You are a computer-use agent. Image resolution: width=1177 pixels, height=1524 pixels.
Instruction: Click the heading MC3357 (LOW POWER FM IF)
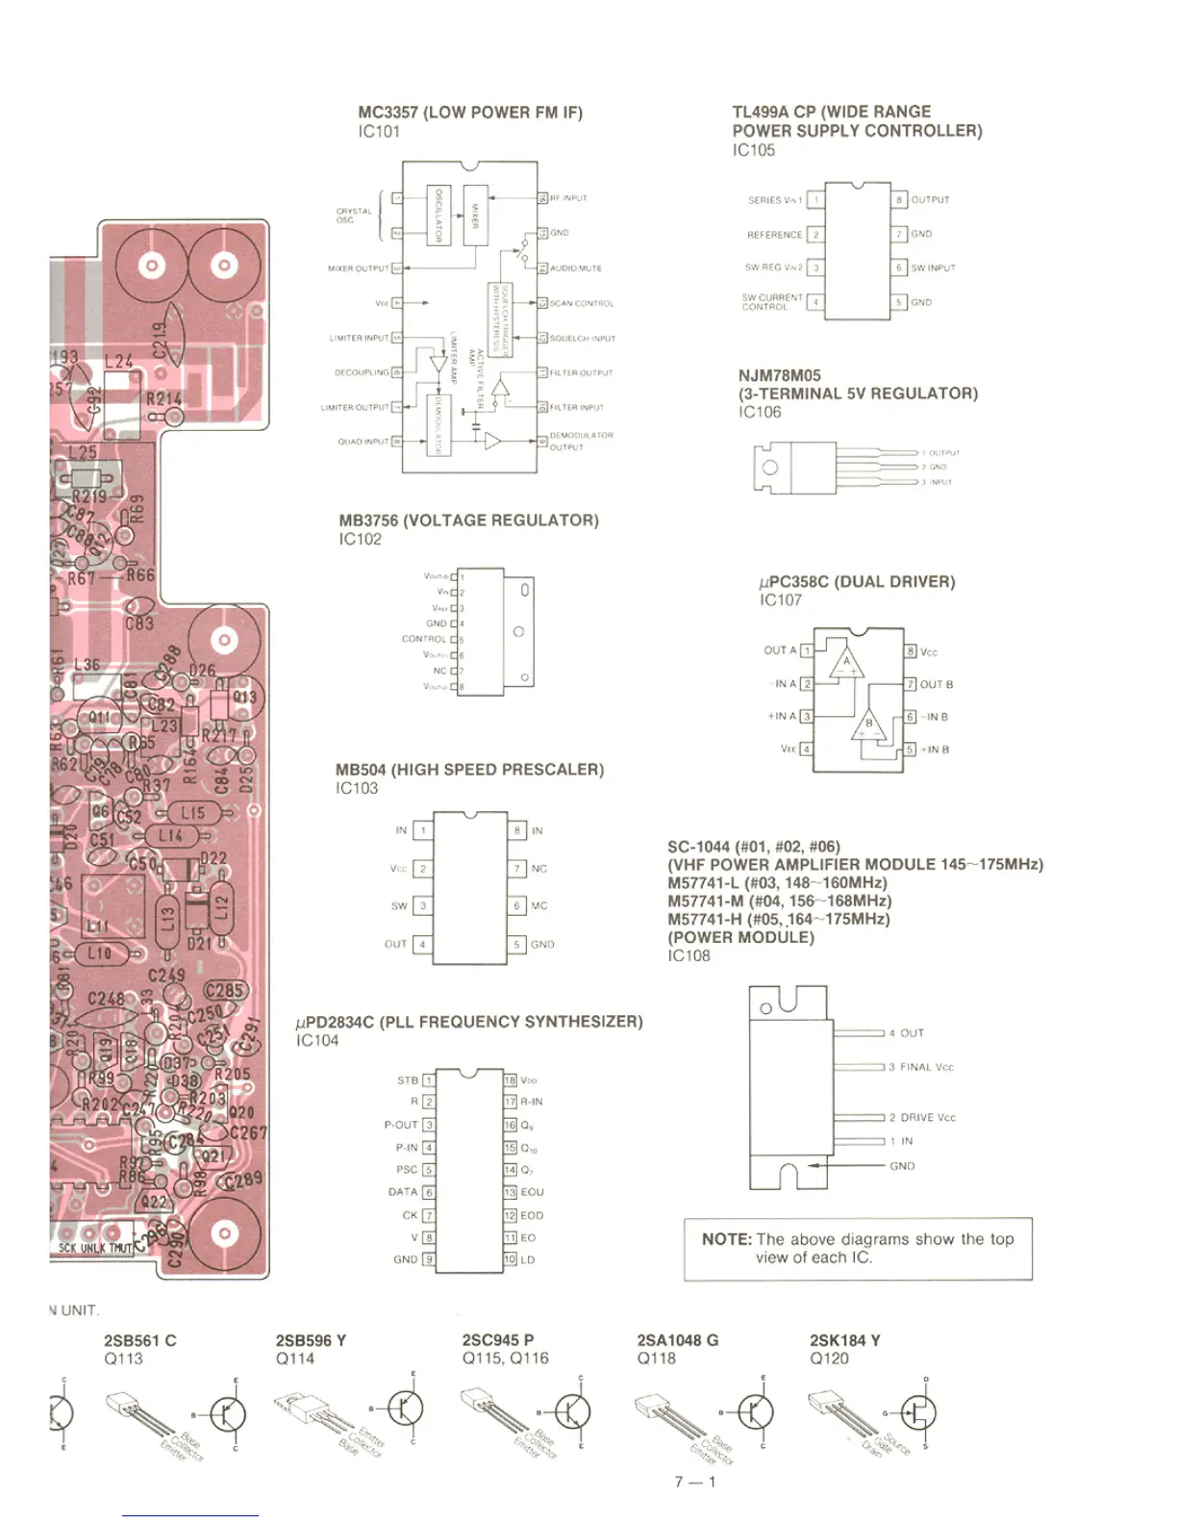click(470, 113)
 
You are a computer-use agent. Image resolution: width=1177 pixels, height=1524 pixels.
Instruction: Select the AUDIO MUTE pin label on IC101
click(575, 268)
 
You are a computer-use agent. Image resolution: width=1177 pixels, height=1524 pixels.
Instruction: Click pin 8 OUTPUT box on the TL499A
click(899, 200)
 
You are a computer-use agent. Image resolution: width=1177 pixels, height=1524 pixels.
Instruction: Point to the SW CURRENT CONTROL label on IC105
click(771, 302)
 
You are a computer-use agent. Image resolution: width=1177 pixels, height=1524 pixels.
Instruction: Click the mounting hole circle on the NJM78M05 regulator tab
click(769, 468)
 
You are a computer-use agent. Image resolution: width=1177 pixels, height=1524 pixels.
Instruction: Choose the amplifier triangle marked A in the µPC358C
click(847, 664)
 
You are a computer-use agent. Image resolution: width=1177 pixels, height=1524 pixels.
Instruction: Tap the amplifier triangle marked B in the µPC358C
click(868, 726)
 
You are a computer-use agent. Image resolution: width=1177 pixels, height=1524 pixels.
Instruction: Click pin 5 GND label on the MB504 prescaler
click(542, 945)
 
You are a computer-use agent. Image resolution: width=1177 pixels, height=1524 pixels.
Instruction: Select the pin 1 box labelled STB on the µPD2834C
click(429, 1080)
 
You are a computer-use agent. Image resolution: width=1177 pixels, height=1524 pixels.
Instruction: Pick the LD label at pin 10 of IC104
click(528, 1259)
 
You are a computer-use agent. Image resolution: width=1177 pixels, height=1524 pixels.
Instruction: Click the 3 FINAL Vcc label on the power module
click(921, 1067)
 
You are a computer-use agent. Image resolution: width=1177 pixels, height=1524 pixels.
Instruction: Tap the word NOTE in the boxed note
click(726, 1239)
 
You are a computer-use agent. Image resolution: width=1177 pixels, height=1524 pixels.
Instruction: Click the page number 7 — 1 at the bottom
click(695, 1482)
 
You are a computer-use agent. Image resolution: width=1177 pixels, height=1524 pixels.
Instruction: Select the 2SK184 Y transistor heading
click(844, 1340)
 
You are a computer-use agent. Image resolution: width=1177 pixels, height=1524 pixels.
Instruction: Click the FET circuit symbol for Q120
click(918, 1412)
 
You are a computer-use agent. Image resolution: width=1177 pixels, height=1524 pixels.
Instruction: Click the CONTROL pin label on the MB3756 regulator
click(424, 639)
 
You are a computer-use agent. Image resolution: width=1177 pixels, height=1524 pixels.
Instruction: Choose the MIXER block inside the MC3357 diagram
click(475, 215)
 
